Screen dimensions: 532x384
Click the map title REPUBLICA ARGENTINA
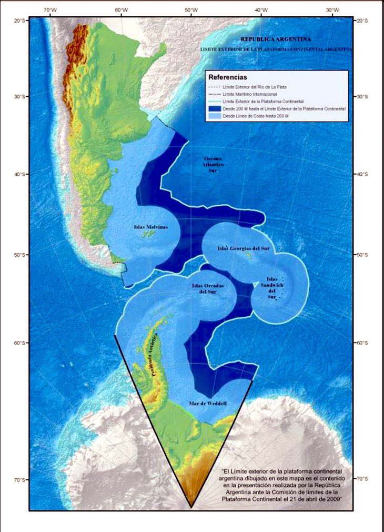pyautogui.click(x=275, y=39)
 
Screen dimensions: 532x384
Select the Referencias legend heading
pyautogui.click(x=228, y=77)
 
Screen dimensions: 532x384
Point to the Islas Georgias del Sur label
pyautogui.click(x=243, y=248)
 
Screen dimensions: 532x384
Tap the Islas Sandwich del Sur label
pyautogui.click(x=272, y=288)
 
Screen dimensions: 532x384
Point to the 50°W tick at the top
pyautogui.click(x=191, y=11)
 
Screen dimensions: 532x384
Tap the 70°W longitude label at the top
pyautogui.click(x=50, y=11)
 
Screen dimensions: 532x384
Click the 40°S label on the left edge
pyautogui.click(x=21, y=174)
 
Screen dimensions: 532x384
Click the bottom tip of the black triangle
pyautogui.click(x=191, y=507)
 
